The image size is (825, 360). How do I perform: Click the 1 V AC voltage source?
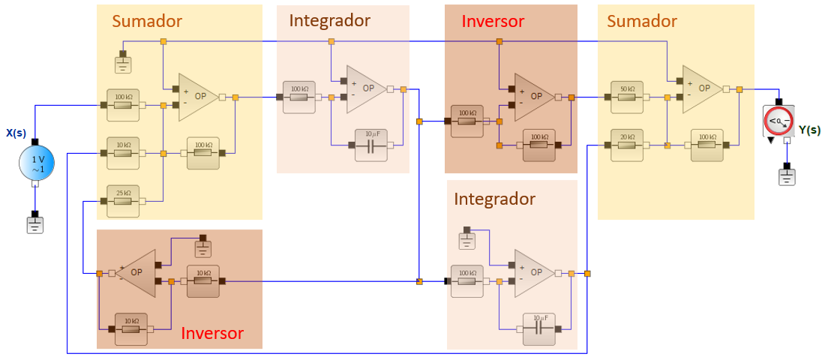pyautogui.click(x=35, y=163)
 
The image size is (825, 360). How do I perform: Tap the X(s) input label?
pyautogui.click(x=16, y=133)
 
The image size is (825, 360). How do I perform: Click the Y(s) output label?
pyautogui.click(x=809, y=130)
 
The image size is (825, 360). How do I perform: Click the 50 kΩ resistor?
pyautogui.click(x=627, y=97)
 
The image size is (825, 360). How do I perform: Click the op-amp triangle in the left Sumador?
pyautogui.click(x=198, y=97)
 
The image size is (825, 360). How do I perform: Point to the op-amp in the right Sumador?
pyautogui.click(x=702, y=88)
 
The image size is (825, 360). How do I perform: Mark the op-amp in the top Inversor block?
pyautogui.click(x=534, y=97)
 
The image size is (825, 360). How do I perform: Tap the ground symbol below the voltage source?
pyautogui.click(x=35, y=223)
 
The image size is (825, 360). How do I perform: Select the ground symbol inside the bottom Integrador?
pyautogui.click(x=466, y=241)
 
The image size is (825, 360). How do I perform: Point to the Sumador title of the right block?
pyautogui.click(x=642, y=21)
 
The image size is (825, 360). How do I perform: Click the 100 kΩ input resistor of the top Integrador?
pyautogui.click(x=299, y=97)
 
